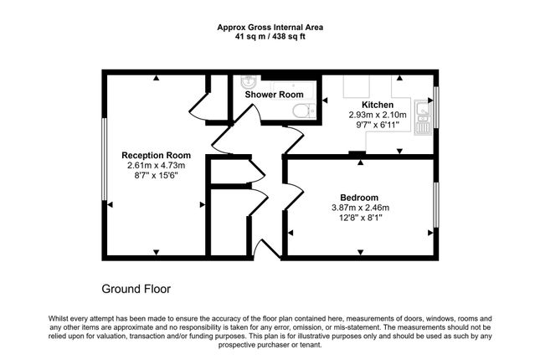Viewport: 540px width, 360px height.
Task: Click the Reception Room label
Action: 156,156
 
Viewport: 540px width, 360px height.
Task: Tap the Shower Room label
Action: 274,95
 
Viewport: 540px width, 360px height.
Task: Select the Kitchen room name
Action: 378,105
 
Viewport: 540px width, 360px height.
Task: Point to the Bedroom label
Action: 359,198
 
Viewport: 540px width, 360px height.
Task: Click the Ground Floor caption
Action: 136,289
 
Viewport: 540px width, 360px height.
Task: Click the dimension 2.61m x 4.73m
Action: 156,166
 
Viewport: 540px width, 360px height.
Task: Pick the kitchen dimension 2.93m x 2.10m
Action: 378,115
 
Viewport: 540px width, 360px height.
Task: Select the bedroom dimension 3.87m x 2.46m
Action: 360,208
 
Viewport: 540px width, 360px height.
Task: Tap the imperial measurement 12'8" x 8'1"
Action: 360,218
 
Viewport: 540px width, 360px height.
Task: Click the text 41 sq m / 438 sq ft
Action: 270,37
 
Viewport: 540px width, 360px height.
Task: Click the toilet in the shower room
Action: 304,111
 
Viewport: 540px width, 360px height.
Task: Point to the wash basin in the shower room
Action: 248,82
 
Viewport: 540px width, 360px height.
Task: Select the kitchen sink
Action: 422,117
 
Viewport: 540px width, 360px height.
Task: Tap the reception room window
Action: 104,159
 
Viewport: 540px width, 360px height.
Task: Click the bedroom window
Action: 436,205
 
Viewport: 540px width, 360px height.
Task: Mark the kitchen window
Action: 436,107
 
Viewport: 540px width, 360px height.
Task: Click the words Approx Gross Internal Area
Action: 270,28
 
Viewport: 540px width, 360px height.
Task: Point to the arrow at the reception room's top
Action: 157,78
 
